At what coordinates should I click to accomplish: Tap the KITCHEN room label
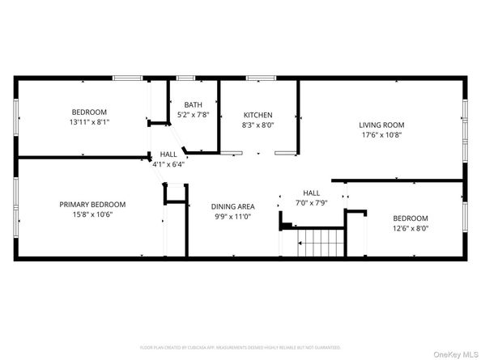click(258, 115)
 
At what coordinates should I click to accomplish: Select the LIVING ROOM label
click(381, 125)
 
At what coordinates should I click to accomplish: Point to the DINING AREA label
click(233, 206)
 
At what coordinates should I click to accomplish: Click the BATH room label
click(193, 104)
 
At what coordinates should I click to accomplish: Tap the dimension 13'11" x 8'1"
click(89, 122)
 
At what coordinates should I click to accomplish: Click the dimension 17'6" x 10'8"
click(381, 135)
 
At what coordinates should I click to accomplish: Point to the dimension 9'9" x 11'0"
click(233, 217)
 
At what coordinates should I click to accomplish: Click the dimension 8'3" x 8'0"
click(258, 125)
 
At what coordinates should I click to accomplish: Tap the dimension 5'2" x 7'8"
click(193, 115)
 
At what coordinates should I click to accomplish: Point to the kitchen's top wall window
click(258, 78)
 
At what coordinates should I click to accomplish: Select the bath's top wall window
click(185, 78)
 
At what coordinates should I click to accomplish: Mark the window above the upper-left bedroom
click(126, 78)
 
